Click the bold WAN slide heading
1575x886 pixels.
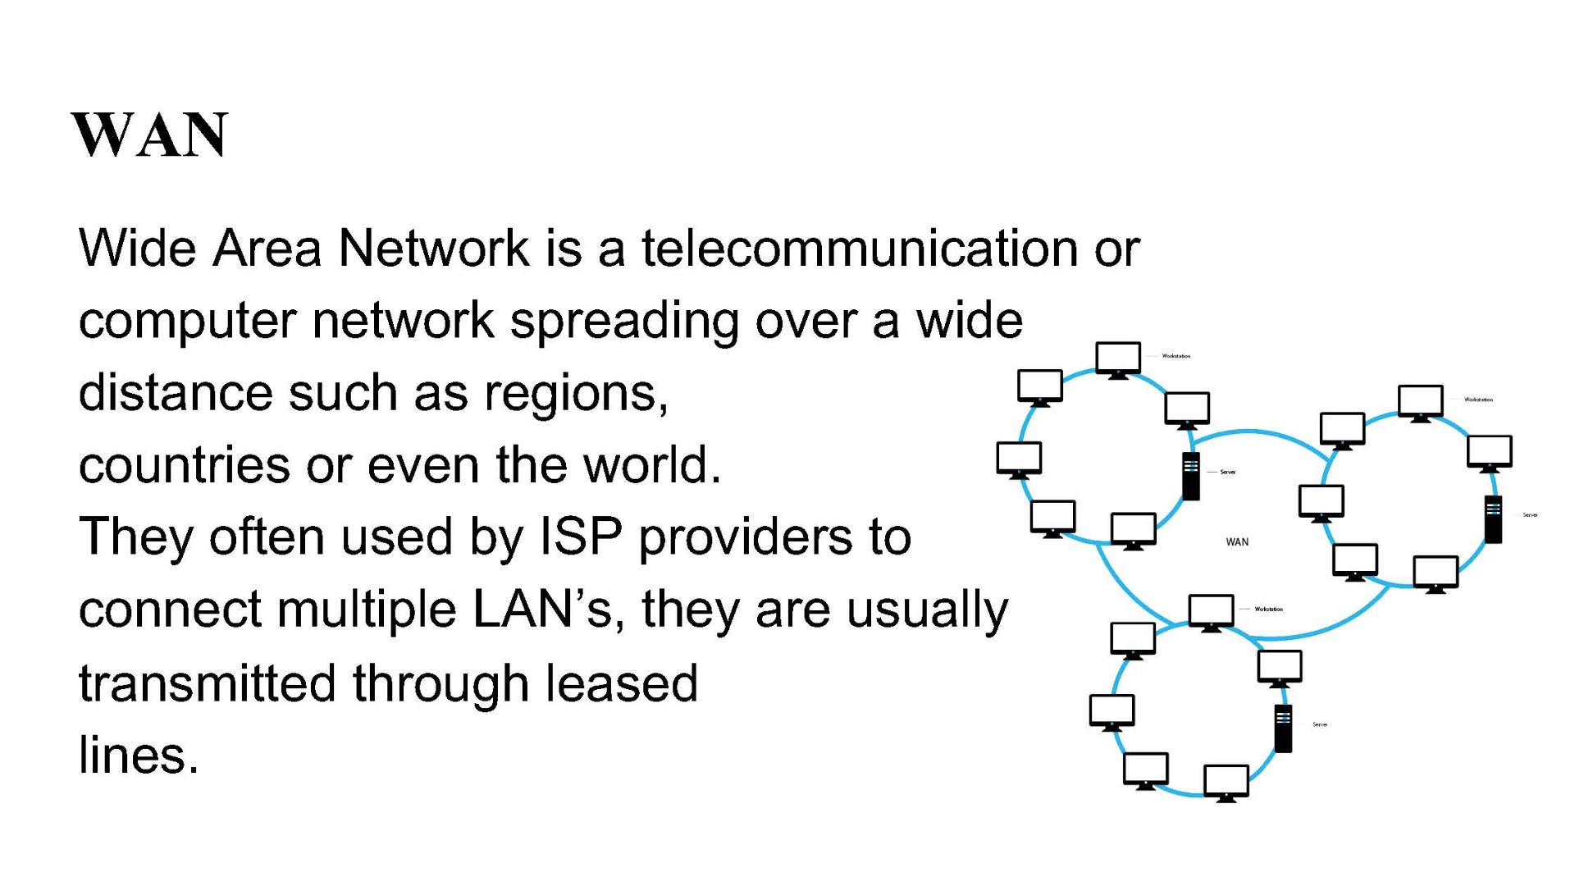[x=149, y=135]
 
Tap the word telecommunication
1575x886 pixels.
[x=859, y=248]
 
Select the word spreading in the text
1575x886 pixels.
[x=624, y=321]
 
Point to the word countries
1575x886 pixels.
[x=185, y=465]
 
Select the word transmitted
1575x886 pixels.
[x=207, y=683]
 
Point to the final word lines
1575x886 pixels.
[x=139, y=755]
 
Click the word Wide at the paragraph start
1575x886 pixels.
[x=137, y=248]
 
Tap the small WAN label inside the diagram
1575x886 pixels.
[x=1237, y=542]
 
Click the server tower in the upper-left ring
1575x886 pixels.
[x=1191, y=476]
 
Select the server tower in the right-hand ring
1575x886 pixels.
[x=1494, y=519]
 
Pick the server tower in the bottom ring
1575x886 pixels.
[x=1283, y=728]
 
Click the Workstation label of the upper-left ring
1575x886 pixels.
[x=1176, y=356]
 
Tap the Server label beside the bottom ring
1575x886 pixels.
[x=1320, y=724]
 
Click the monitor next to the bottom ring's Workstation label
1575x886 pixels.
[x=1211, y=613]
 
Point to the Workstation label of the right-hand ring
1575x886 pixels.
[x=1478, y=400]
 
